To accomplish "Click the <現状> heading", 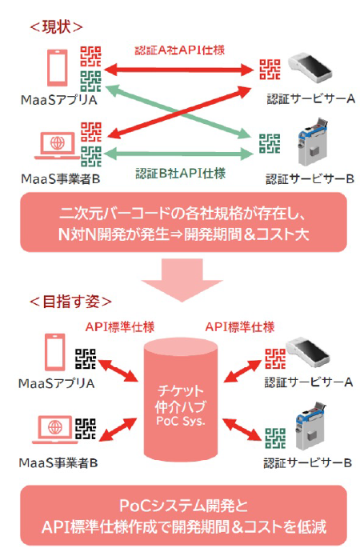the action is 56,27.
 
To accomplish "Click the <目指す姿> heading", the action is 70,302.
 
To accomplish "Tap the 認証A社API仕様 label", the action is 179,50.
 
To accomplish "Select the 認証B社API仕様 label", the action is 180,174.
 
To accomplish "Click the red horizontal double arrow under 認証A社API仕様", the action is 178,70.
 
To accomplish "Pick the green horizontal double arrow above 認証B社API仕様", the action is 178,154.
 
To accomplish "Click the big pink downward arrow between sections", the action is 182,280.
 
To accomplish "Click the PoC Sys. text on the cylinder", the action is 181,421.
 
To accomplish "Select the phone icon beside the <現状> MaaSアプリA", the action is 58,67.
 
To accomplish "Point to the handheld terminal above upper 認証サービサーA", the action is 310,67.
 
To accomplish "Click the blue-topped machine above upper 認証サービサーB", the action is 313,142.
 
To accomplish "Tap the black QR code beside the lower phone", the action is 86,358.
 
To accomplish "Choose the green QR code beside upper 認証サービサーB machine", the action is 270,144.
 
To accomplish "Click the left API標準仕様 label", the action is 120,327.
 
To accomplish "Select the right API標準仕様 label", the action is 240,327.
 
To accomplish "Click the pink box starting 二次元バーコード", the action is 183,222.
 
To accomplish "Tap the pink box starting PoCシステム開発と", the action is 183,515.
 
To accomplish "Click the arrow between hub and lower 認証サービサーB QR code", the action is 243,430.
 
